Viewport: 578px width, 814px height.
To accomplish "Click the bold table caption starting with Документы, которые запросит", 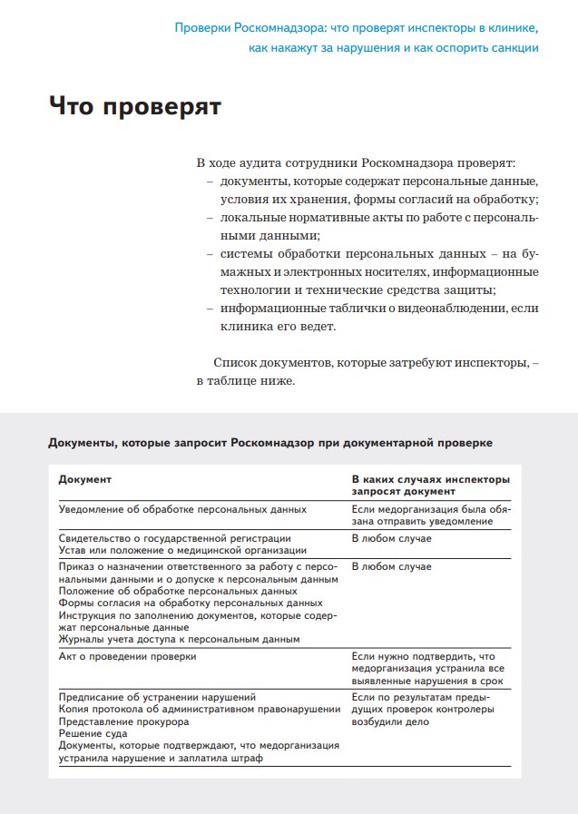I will coord(270,443).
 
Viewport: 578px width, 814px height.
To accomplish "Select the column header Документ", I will coord(85,478).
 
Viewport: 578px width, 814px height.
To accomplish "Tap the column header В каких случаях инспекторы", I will coord(430,478).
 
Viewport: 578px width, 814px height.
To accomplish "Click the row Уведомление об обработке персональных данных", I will coord(182,510).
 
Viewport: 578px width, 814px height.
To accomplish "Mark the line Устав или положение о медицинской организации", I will coord(182,550).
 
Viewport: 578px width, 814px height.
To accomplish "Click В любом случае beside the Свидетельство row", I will coord(391,538).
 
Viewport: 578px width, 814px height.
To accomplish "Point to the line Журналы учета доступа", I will coord(179,639).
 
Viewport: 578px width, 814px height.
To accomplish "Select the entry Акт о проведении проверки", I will coord(127,655).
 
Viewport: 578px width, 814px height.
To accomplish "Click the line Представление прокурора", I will coord(123,722).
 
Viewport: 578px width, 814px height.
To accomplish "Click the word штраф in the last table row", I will coord(244,759).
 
